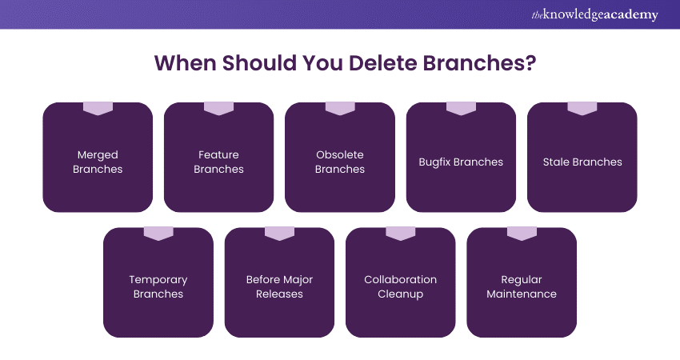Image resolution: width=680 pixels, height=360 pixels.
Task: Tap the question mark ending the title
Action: (530, 63)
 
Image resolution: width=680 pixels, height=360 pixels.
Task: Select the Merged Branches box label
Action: (98, 162)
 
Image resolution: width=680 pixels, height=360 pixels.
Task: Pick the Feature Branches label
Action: (218, 162)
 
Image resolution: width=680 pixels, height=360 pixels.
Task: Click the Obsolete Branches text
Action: (340, 162)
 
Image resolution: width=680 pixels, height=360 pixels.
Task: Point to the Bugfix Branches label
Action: (461, 162)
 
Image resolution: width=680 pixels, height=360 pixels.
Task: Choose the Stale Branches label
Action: (582, 162)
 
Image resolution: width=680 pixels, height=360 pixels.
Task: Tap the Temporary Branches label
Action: (158, 286)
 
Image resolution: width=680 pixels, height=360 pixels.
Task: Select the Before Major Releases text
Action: (279, 286)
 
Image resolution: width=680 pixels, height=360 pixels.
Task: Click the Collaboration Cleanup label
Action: (401, 286)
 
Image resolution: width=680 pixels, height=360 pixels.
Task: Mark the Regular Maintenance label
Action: (522, 286)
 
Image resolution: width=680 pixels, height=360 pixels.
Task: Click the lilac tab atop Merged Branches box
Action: (98, 108)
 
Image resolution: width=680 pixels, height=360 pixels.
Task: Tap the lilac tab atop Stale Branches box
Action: (582, 108)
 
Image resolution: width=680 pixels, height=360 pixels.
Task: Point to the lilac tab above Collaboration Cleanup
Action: (401, 233)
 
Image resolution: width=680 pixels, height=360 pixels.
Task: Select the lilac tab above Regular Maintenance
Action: (522, 233)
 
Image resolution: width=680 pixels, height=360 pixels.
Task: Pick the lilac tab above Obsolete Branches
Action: (340, 108)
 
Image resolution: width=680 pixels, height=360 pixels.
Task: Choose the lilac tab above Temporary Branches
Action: (158, 233)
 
